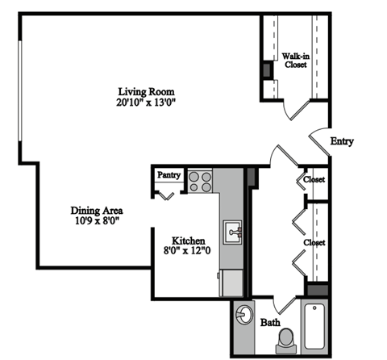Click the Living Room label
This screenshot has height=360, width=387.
click(146, 90)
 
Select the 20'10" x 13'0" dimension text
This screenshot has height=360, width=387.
click(146, 103)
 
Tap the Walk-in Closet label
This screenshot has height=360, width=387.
click(294, 61)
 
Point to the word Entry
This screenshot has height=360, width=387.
click(342, 141)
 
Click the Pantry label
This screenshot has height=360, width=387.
click(169, 174)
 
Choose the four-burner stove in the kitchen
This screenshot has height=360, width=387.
click(200, 181)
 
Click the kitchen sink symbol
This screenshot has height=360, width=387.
click(233, 232)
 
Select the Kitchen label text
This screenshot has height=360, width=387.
click(189, 241)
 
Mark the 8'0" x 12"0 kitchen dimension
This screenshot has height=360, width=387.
click(189, 252)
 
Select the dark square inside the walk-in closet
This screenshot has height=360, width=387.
click(267, 69)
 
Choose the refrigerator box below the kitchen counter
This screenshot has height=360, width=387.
click(231, 282)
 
